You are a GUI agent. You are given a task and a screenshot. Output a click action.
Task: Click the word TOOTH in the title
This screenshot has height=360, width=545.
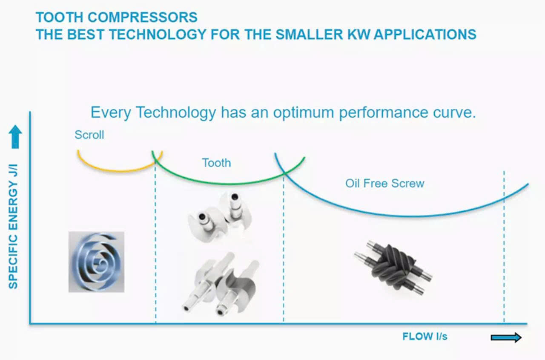[x=60, y=17]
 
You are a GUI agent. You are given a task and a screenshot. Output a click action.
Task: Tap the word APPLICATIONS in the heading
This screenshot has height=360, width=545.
[x=425, y=35]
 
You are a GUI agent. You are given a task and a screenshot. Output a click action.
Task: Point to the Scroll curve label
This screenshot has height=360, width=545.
[x=89, y=135]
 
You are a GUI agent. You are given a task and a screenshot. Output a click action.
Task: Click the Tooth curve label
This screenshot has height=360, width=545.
[x=216, y=163]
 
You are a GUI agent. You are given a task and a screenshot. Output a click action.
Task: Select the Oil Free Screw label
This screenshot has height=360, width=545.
[x=384, y=183]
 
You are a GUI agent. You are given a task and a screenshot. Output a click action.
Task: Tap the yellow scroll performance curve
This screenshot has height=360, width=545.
[x=119, y=171]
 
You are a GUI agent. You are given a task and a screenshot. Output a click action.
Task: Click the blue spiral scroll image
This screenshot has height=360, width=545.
[x=96, y=262]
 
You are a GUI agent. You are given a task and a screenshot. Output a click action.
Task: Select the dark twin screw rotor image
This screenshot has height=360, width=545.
[x=393, y=268]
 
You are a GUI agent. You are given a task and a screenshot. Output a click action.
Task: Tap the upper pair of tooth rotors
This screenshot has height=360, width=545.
[x=220, y=217]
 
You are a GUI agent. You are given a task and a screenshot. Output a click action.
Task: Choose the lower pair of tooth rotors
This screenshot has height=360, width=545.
[x=220, y=284]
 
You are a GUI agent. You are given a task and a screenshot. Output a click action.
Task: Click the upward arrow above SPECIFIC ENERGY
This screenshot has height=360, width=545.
[x=15, y=137]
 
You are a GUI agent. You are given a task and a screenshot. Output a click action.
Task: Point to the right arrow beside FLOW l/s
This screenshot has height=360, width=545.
[x=506, y=337]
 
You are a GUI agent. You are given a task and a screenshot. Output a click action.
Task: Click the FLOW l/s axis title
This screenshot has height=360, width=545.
[x=425, y=337]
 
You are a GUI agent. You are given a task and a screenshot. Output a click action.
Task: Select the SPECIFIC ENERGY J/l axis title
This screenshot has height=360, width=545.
[x=13, y=227]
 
